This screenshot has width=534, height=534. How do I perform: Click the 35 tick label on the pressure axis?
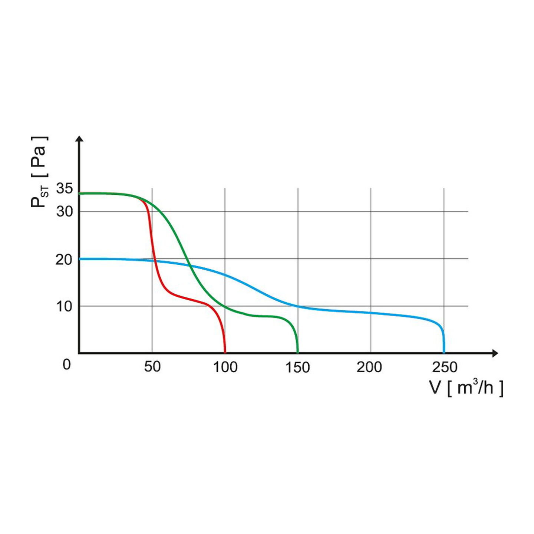[64, 189]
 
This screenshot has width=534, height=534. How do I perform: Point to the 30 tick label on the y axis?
[65, 212]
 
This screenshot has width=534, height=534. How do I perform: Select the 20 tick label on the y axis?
[64, 260]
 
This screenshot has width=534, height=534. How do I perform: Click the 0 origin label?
[67, 365]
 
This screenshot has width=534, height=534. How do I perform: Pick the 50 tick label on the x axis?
[152, 367]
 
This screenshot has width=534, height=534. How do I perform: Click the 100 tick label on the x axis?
[225, 367]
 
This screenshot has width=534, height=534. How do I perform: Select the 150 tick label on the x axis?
[298, 367]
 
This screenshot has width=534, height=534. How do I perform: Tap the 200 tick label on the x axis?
[369, 367]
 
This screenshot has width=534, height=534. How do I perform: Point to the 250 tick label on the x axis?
[445, 367]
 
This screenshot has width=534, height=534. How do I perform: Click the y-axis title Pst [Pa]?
[39, 172]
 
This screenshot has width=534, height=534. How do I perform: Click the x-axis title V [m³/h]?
[466, 388]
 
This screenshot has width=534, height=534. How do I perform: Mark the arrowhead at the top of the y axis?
[79, 138]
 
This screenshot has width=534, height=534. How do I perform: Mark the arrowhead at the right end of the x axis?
[495, 353]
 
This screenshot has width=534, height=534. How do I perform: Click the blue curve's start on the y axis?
[80, 259]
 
